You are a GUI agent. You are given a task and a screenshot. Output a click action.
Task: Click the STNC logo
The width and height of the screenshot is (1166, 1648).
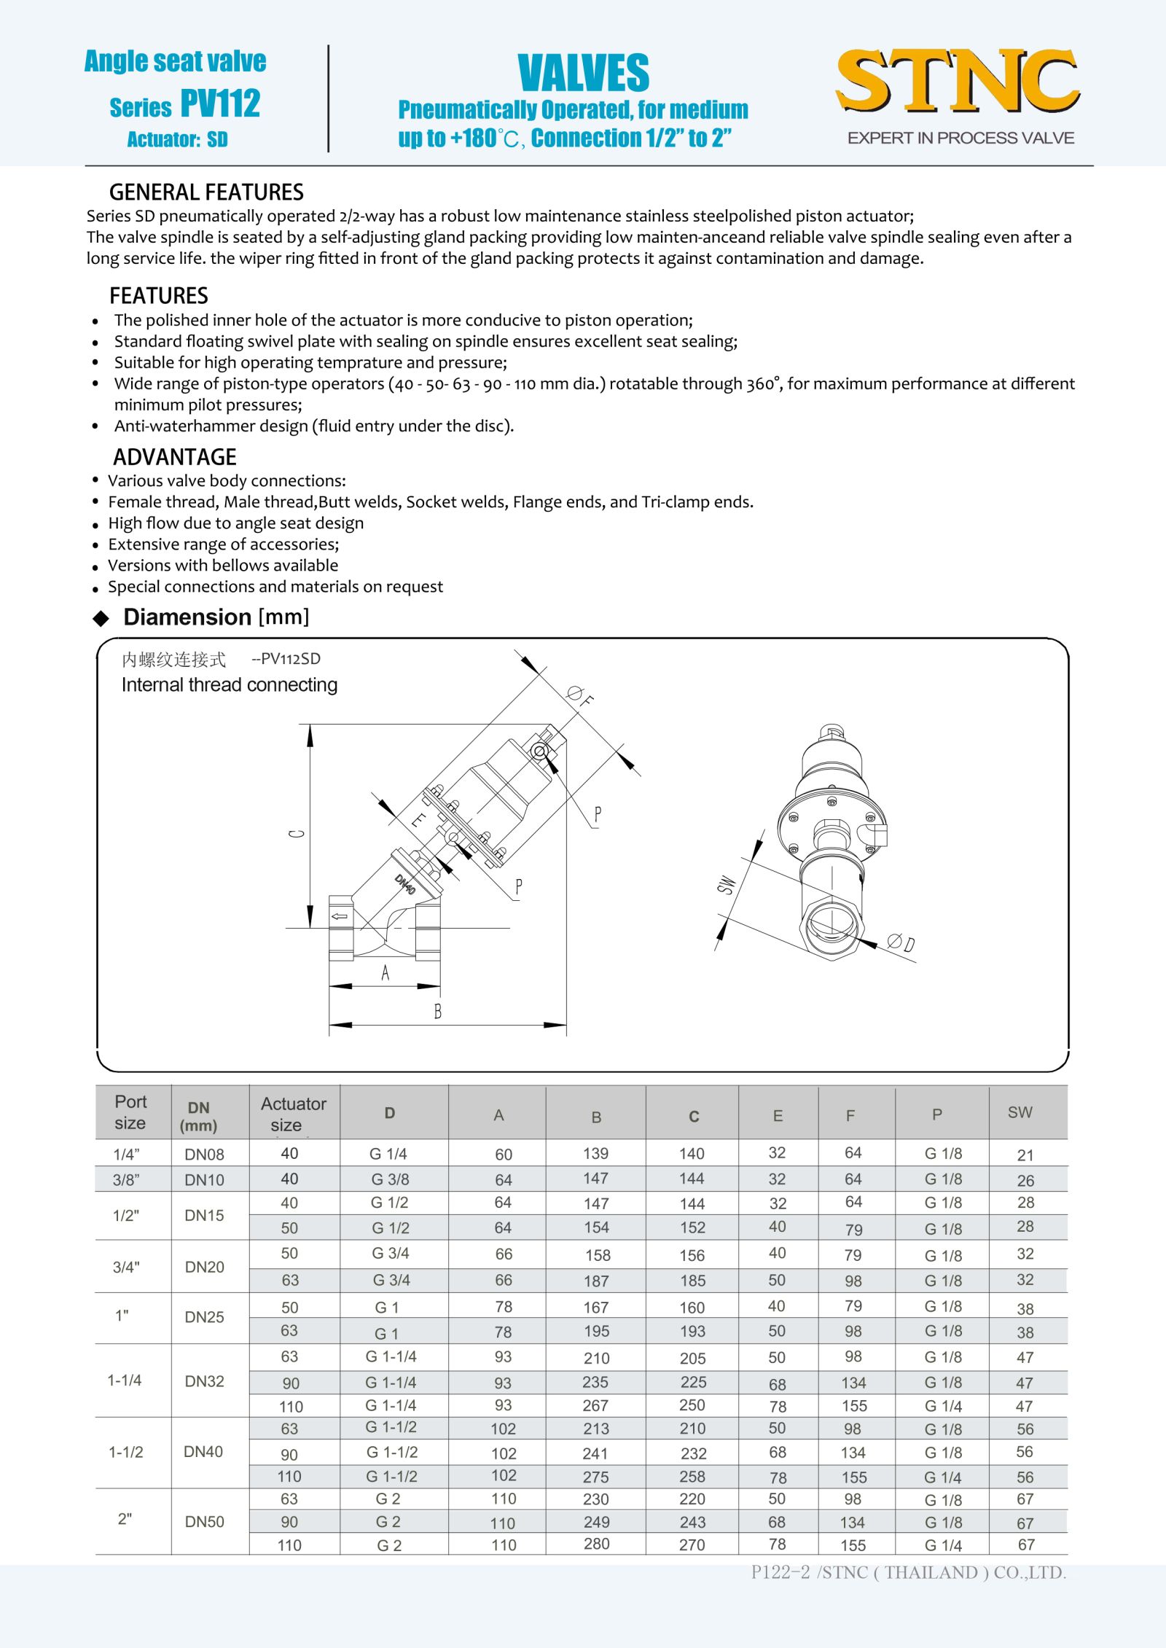pos(958,81)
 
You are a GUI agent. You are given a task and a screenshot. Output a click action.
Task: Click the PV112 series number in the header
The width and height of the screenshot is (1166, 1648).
pos(220,104)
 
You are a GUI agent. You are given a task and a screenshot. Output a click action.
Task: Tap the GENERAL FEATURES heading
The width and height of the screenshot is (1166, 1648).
pos(206,192)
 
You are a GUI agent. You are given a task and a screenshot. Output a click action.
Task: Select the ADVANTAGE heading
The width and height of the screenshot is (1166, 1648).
pos(175,457)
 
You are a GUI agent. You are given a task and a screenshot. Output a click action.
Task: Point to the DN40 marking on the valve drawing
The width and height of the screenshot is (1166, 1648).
pos(405,883)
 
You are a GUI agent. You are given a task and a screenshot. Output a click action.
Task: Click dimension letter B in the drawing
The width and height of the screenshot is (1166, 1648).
pos(437,1012)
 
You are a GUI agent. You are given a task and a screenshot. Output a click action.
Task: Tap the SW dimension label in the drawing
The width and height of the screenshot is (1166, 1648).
pos(727,885)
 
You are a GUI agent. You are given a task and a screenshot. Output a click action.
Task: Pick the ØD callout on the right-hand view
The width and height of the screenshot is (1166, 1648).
pos(901,943)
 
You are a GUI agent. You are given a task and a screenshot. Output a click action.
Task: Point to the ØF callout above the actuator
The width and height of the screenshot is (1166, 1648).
pos(580,697)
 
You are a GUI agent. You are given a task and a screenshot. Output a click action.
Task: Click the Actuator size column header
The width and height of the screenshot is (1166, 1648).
pos(294,1114)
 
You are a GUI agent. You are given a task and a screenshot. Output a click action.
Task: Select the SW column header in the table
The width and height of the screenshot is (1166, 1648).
pos(1020,1112)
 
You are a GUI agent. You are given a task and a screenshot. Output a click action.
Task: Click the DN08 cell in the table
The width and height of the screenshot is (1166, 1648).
pos(204,1155)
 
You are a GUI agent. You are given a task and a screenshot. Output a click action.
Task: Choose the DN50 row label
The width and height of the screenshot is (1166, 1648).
pos(204,1521)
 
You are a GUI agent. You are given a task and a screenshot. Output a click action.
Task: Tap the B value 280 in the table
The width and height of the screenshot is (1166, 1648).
pos(596,1544)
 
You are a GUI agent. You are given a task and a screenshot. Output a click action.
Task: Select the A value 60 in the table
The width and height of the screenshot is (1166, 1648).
pos(504,1155)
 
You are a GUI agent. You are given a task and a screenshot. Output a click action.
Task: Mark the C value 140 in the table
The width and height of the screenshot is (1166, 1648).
pos(692,1154)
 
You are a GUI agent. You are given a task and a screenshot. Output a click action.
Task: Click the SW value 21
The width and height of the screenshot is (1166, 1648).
pos(1025,1155)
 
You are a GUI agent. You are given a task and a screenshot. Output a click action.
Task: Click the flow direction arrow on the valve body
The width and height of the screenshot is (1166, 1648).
pos(339,916)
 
